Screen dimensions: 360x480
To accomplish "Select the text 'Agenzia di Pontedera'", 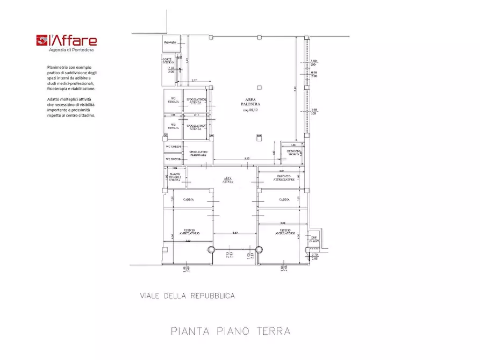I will [71, 50].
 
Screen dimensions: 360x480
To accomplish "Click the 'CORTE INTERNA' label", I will [168, 62].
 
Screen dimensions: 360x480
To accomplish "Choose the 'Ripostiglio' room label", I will [170, 41].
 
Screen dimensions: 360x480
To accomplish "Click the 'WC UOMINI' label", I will [173, 146].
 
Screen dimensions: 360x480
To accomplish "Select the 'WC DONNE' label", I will [173, 159].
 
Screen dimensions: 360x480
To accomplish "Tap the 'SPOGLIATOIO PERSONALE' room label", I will [197, 153].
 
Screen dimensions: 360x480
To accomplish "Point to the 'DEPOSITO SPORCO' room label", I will [293, 153].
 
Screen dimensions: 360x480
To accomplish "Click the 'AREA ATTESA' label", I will [228, 180].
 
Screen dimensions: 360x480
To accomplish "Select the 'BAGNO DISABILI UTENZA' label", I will [175, 177].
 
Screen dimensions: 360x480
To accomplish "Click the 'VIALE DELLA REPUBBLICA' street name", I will [187, 296].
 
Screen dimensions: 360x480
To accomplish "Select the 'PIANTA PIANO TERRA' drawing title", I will [231, 331].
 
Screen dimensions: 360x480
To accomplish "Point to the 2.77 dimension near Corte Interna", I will [194, 80].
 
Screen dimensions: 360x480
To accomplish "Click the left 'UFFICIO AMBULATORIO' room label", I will [190, 232].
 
